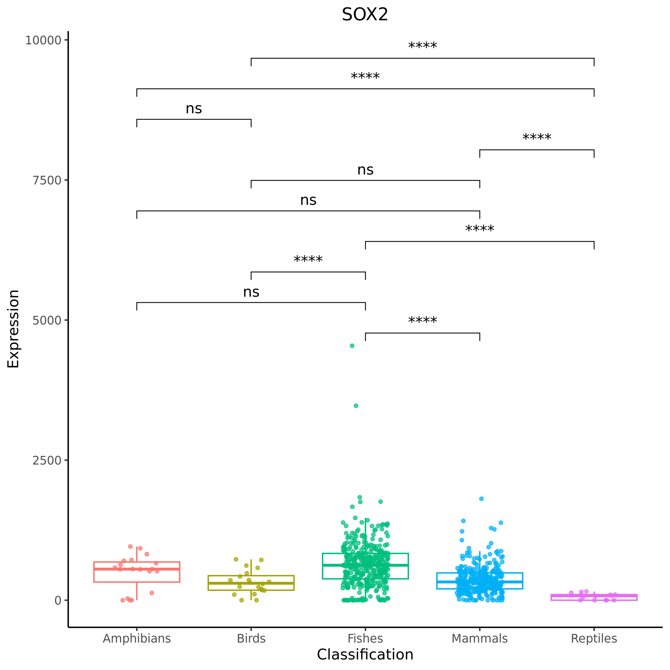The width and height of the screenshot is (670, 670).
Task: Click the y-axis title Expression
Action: tap(13, 329)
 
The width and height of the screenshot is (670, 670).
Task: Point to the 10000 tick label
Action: tap(43, 41)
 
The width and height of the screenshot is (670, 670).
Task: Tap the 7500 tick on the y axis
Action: tap(47, 180)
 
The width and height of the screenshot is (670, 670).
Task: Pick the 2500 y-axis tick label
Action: tap(47, 460)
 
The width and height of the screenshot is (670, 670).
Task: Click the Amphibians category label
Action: tap(137, 638)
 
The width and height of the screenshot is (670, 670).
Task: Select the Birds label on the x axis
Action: tap(251, 638)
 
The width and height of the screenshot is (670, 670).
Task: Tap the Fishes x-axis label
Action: tap(365, 638)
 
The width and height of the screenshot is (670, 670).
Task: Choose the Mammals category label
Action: tap(479, 638)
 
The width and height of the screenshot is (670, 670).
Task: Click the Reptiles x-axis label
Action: tap(594, 638)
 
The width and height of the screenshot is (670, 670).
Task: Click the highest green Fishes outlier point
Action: tap(352, 346)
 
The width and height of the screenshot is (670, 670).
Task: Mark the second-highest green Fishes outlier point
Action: tap(356, 406)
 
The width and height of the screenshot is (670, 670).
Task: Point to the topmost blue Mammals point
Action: tap(481, 499)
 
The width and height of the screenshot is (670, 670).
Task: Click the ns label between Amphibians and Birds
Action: tap(194, 109)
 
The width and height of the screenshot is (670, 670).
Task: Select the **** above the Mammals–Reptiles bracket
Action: tap(537, 138)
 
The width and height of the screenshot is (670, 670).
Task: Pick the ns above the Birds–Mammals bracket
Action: tap(365, 170)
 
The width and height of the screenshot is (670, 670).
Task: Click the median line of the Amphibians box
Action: tap(137, 569)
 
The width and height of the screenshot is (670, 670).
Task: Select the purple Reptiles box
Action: tap(594, 597)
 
